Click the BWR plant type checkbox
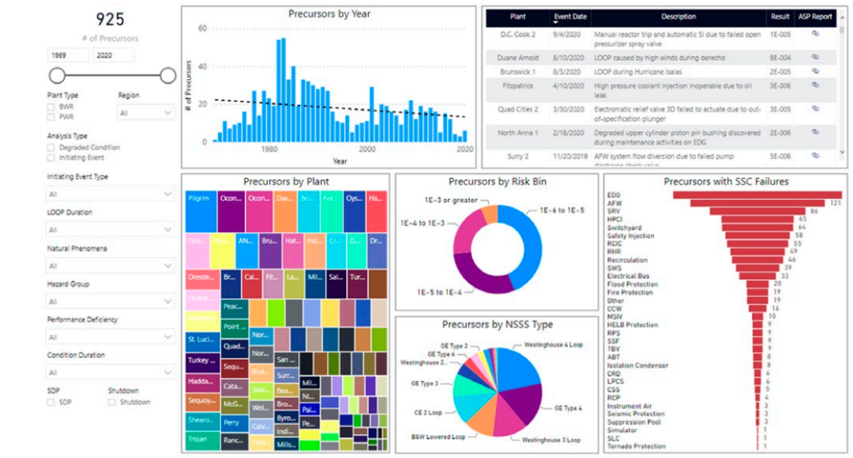click(x=51, y=106)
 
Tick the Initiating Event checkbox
click(x=51, y=158)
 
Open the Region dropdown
click(x=146, y=113)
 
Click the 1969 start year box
click(x=67, y=55)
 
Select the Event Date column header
click(x=570, y=17)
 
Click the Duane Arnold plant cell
click(x=517, y=58)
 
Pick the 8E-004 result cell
click(x=780, y=58)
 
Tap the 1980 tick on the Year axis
click(x=269, y=149)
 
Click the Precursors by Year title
click(x=329, y=13)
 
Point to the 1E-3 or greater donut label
click(x=450, y=200)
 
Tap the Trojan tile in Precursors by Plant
click(x=199, y=438)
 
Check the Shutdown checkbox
click(x=112, y=402)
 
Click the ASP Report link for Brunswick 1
click(x=815, y=72)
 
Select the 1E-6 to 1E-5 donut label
click(x=562, y=211)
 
